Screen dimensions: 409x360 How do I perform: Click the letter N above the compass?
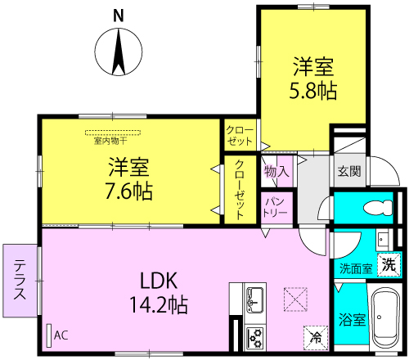tap(119, 16)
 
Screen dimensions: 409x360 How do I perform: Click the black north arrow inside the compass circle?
tap(119, 52)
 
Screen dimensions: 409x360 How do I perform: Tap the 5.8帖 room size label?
tap(312, 90)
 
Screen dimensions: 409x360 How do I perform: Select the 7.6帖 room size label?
tap(128, 191)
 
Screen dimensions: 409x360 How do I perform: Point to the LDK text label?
tap(159, 281)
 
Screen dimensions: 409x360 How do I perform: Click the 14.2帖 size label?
tap(159, 304)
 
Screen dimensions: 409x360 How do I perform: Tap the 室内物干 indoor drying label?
tap(110, 141)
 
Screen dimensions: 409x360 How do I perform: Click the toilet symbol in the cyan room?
tap(378, 208)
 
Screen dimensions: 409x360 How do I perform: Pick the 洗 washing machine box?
tap(389, 264)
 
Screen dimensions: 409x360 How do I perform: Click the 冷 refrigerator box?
tap(316, 338)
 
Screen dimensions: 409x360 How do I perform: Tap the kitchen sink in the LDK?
tap(254, 300)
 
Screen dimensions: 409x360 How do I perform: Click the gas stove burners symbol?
tap(254, 338)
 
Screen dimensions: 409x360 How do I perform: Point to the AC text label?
tap(61, 335)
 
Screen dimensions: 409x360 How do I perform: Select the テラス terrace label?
tap(20, 280)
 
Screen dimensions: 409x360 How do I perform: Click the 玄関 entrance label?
tap(349, 171)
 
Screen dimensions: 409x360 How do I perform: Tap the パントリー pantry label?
tap(275, 208)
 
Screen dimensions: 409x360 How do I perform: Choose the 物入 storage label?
tap(276, 172)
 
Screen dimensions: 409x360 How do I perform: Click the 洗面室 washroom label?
tap(356, 269)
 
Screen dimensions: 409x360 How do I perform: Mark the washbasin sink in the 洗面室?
tap(382, 240)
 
